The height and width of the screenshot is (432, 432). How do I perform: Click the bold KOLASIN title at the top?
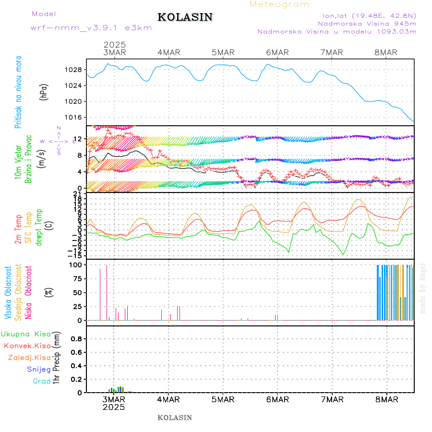point(185,17)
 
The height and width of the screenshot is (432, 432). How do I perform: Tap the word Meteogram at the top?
point(279,4)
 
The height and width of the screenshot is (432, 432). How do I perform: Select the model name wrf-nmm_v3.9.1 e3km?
point(91,28)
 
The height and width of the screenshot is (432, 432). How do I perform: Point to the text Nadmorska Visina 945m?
point(367,23)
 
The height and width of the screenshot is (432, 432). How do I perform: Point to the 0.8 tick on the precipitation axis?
point(76,338)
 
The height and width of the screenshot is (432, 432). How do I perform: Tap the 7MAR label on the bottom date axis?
point(332,399)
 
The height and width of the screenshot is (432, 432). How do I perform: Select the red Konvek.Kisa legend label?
point(27,346)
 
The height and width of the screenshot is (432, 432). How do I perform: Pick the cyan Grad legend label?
point(42,381)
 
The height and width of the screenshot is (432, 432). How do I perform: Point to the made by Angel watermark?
point(423,288)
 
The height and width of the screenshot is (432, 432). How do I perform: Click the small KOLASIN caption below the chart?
point(175,418)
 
